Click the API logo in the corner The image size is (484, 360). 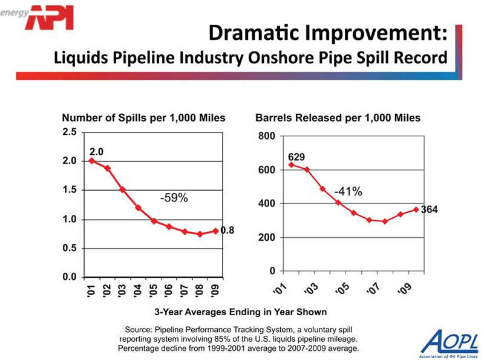51,17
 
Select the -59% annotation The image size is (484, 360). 173,197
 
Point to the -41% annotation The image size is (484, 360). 348,192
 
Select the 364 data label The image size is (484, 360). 429,210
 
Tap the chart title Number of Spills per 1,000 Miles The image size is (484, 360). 144,118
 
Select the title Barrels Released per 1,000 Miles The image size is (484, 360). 338,118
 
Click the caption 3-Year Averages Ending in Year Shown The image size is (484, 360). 241,312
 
